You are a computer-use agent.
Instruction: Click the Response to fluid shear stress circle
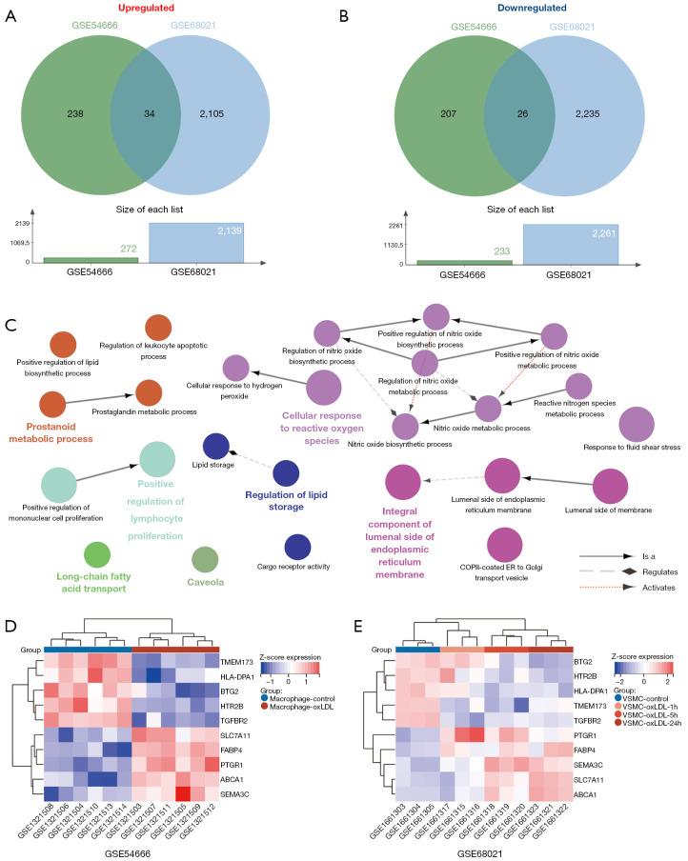[x=637, y=426]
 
